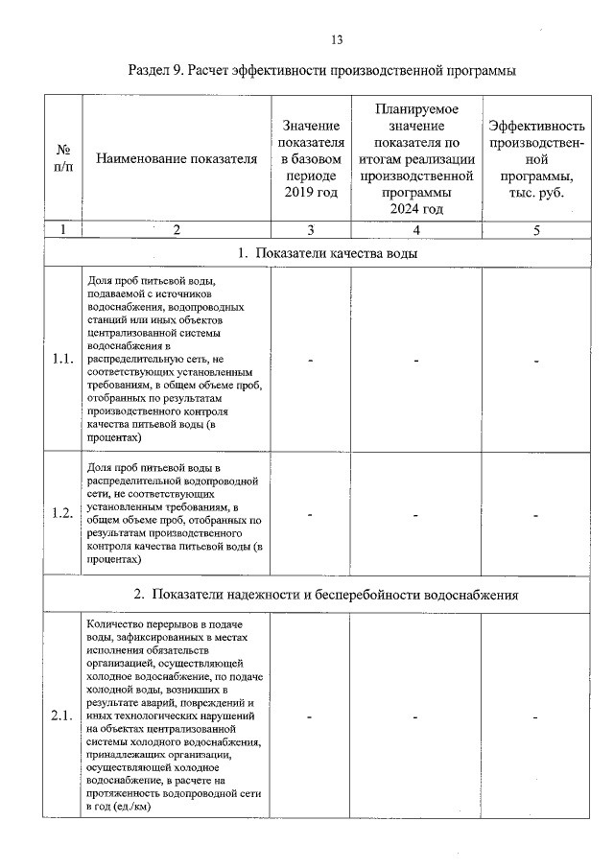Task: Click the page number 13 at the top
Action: coord(337,40)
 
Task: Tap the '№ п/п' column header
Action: coord(63,159)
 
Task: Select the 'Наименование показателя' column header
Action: coord(177,159)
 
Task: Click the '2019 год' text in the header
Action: coord(312,194)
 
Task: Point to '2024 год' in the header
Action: coord(416,209)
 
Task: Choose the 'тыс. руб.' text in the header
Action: coord(536,193)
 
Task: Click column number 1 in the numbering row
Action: coord(63,230)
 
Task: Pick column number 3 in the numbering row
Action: coord(312,230)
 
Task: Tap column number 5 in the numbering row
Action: coord(536,230)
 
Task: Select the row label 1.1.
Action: coord(63,360)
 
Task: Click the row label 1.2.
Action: coord(63,513)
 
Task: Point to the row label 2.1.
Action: coord(63,716)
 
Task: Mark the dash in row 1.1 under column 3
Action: coord(312,361)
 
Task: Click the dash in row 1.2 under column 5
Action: coord(536,514)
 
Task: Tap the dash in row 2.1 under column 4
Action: coord(416,716)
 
